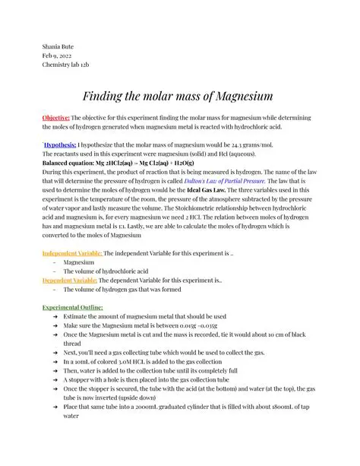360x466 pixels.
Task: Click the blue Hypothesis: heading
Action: [61, 143]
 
